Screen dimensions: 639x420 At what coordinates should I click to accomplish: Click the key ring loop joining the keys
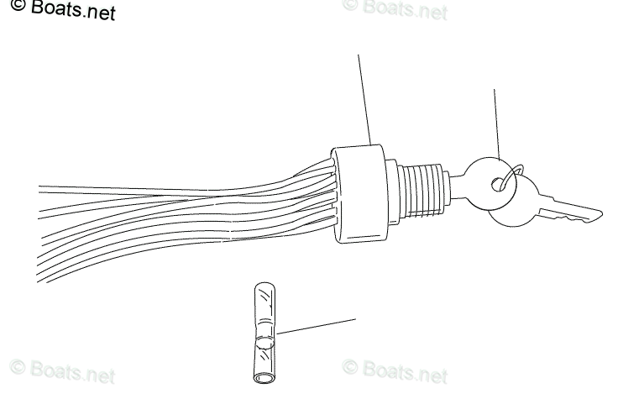point(512,172)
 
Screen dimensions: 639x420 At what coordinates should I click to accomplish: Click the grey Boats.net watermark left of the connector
point(62,371)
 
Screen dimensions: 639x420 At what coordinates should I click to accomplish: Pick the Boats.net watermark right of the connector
point(395,370)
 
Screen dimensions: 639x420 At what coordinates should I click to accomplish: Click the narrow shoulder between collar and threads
point(395,189)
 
